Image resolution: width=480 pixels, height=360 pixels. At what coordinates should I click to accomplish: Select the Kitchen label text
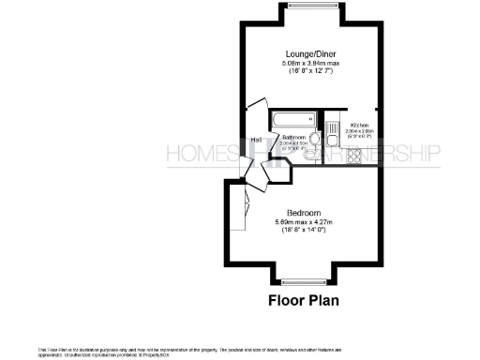pos(359,125)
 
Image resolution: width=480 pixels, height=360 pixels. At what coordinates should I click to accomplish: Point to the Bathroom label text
pos(295,137)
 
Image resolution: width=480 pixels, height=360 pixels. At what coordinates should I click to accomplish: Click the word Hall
pos(256,141)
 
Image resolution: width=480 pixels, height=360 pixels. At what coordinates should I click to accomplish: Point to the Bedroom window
pos(307,278)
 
